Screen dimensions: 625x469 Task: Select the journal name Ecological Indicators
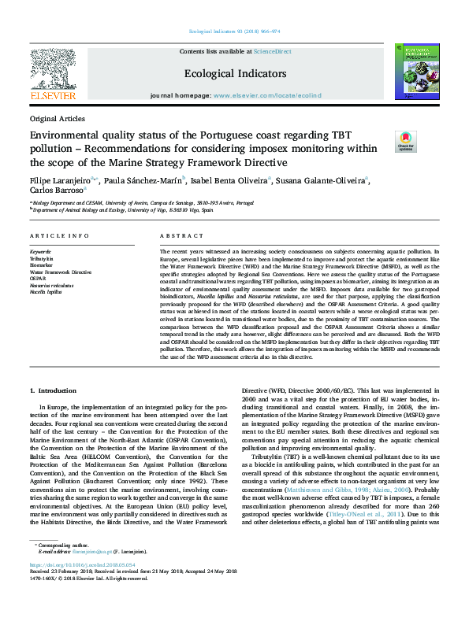pos(234,73)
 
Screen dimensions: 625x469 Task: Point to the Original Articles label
pos(57,118)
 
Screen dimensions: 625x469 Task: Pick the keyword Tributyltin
pos(44,258)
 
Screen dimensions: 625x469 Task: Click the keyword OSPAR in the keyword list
pos(39,277)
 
